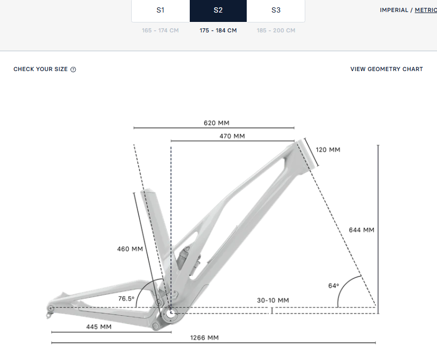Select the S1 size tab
[160, 10]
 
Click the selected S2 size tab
[218, 10]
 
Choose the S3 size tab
[276, 10]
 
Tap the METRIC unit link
[426, 10]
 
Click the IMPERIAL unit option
[394, 10]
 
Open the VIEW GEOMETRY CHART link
[386, 69]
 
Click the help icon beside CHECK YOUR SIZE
[73, 69]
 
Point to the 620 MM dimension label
[216, 123]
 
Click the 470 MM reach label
[232, 136]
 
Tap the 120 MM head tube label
[328, 150]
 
